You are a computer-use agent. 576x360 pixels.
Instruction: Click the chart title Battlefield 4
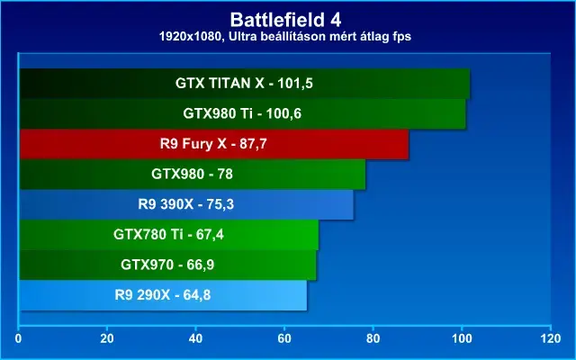(x=285, y=20)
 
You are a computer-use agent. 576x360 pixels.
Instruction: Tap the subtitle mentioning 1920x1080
(x=285, y=36)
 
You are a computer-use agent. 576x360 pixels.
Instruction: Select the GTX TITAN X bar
(x=245, y=84)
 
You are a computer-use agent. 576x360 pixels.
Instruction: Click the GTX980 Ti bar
(x=243, y=114)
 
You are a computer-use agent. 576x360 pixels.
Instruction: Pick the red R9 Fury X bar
(x=214, y=144)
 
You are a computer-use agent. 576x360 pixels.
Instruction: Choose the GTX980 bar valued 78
(x=193, y=175)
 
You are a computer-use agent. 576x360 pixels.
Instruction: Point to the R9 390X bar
(x=186, y=204)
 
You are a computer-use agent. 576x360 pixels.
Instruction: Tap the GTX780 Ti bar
(x=169, y=235)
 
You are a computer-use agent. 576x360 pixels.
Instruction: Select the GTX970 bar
(x=168, y=265)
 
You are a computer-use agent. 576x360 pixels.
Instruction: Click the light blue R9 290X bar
(x=164, y=295)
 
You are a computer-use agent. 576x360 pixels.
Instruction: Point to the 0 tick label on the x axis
(x=18, y=338)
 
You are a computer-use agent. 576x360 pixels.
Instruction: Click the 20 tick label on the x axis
(x=107, y=338)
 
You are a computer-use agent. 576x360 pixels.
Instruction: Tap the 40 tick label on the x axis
(x=196, y=338)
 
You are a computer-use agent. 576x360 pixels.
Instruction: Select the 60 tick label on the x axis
(x=284, y=338)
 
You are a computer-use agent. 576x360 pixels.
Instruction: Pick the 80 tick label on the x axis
(x=373, y=338)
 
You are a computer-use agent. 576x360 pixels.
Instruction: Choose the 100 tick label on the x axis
(x=462, y=338)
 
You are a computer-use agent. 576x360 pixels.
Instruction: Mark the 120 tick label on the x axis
(x=551, y=338)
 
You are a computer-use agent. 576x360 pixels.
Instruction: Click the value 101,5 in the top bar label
(x=295, y=84)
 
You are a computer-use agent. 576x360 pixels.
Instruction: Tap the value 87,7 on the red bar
(x=253, y=144)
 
